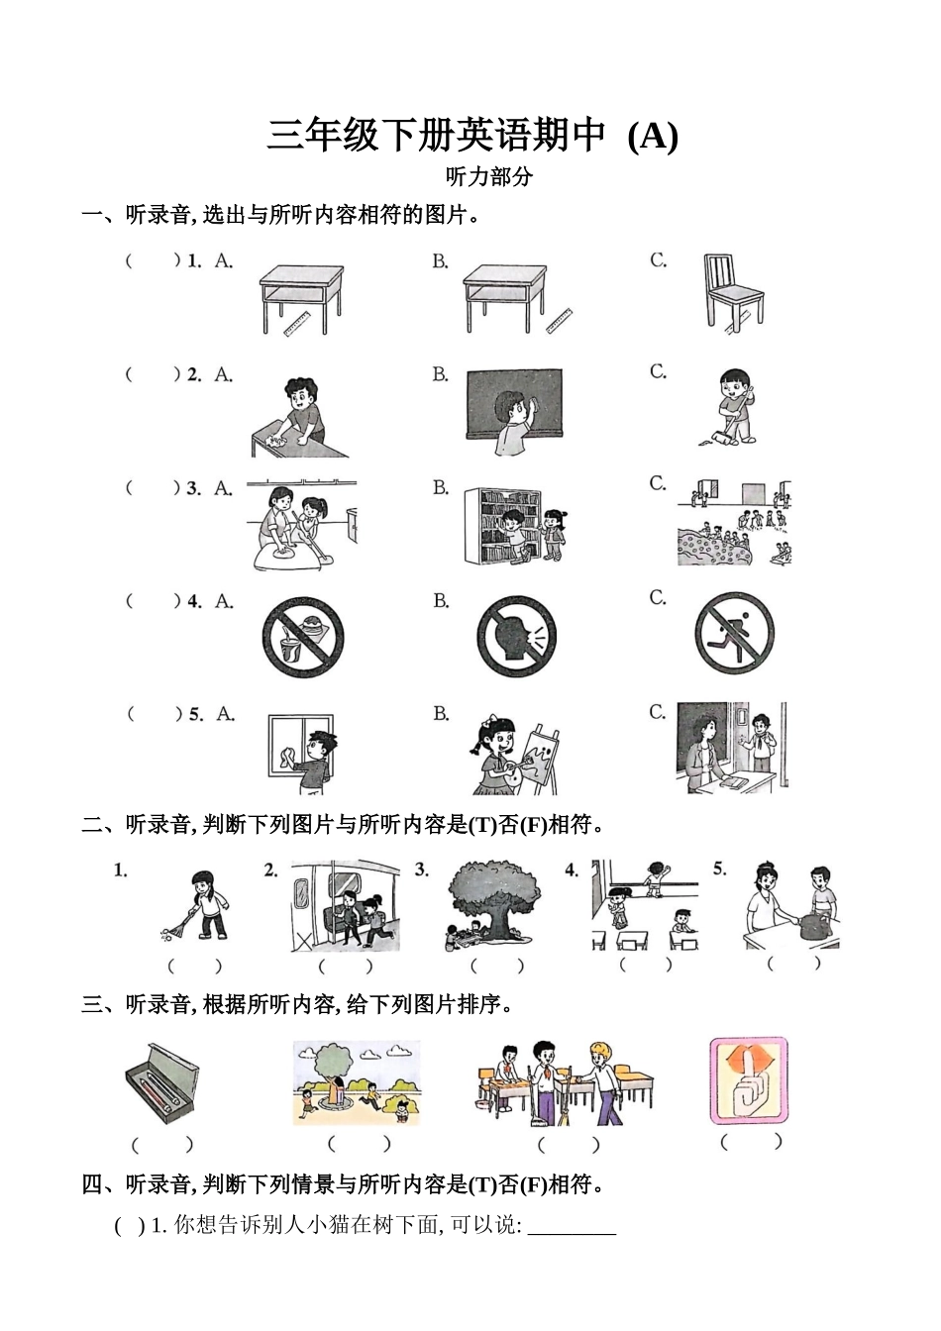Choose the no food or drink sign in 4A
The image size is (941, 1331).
(302, 636)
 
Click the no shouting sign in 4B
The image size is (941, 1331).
(516, 637)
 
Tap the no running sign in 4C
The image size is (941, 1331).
(734, 634)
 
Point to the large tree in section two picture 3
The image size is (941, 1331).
(491, 898)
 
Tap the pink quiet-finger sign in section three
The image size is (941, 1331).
(748, 1080)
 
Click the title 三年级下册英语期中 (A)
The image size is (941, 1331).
(471, 136)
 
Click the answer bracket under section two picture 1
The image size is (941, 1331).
(194, 966)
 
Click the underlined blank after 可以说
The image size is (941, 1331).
(572, 1227)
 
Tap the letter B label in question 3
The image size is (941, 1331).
(440, 488)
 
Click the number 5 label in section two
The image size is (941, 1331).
(719, 869)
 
